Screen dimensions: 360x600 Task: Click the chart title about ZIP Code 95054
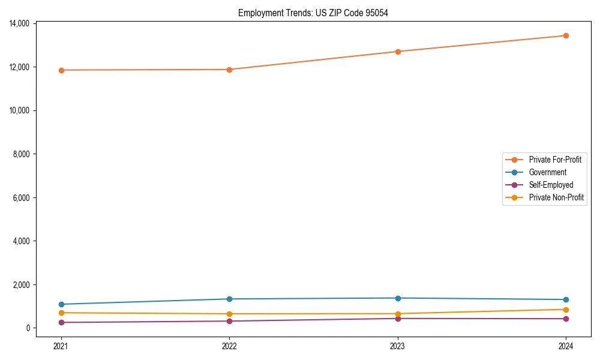pos(313,13)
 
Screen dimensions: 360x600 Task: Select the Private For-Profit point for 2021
pos(61,70)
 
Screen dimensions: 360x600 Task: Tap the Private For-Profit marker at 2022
pos(229,70)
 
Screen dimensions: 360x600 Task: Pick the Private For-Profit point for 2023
pos(398,52)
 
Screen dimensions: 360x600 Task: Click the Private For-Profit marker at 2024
pos(566,35)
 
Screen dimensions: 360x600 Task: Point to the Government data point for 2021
pos(61,304)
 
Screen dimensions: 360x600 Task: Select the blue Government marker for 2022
pos(229,299)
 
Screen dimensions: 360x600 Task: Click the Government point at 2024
pos(566,299)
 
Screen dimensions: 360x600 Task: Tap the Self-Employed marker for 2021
pos(61,322)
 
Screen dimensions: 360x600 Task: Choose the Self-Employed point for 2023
pos(398,318)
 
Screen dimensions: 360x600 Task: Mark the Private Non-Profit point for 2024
pos(566,310)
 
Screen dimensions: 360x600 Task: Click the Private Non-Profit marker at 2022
pos(229,314)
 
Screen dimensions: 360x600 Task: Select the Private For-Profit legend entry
pos(555,160)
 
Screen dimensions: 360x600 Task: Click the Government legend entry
pos(547,172)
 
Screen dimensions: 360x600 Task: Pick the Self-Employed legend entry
pos(551,185)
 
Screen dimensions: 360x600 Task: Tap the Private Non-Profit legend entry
pos(556,197)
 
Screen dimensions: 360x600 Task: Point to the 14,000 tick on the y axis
pos(20,23)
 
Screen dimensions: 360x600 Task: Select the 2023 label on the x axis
pos(398,346)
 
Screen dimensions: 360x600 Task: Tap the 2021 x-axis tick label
pos(61,346)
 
